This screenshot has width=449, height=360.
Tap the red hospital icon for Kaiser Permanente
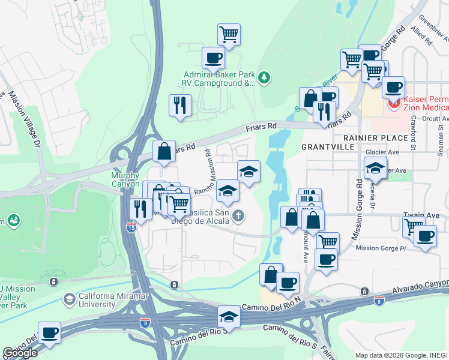pyautogui.click(x=394, y=104)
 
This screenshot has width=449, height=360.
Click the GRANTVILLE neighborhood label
pyautogui.click(x=325, y=146)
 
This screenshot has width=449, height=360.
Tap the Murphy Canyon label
pyautogui.click(x=125, y=179)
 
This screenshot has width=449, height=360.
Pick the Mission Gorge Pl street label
pyautogui.click(x=381, y=248)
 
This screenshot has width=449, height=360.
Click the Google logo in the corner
pyautogui.click(x=20, y=353)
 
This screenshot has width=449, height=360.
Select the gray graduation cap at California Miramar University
pyautogui.click(x=70, y=298)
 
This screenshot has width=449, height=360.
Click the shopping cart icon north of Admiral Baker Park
pyautogui.click(x=229, y=34)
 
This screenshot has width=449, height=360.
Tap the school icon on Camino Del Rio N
pyautogui.click(x=229, y=316)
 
